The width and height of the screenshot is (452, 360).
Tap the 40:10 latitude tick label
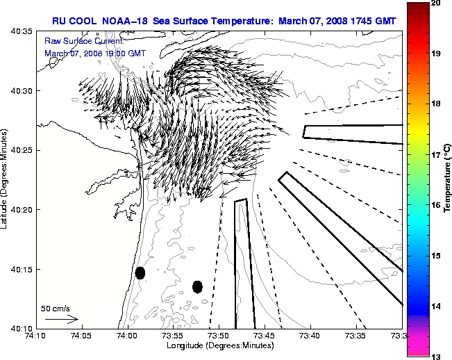pyautogui.click(x=22, y=328)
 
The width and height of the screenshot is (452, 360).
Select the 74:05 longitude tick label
pyautogui.click(x=81, y=336)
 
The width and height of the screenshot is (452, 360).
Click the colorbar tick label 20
pyautogui.click(x=437, y=4)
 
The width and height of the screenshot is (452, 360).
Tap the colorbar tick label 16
pyautogui.click(x=437, y=206)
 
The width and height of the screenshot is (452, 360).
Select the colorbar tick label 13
pyautogui.click(x=437, y=356)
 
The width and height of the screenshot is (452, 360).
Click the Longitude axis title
pyautogui.click(x=218, y=345)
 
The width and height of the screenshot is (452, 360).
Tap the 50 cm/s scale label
pyautogui.click(x=56, y=308)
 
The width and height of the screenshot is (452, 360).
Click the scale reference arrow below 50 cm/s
pyautogui.click(x=61, y=319)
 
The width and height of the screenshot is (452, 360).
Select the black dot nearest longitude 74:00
pyautogui.click(x=140, y=272)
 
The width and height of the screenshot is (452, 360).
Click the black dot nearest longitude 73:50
pyautogui.click(x=197, y=286)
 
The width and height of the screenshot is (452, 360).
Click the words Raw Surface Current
pyautogui.click(x=77, y=42)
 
